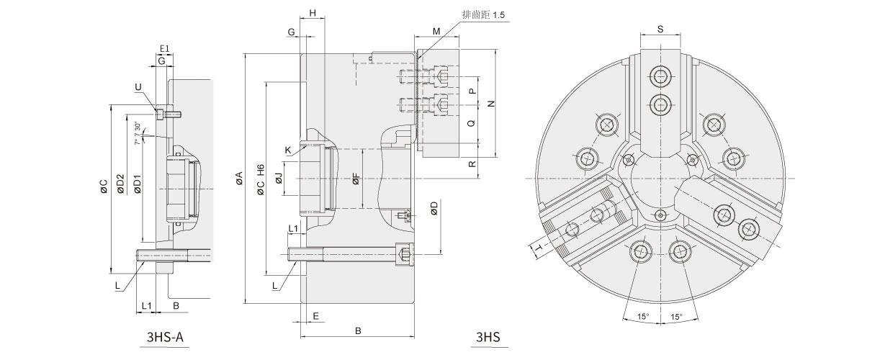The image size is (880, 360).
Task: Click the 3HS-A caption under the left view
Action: (165, 337)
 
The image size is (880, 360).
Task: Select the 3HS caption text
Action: (488, 337)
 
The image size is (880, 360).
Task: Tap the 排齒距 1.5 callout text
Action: (484, 15)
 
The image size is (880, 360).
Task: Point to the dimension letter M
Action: (436, 32)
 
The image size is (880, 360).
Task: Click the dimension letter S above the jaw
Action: (660, 29)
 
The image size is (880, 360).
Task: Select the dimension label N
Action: (491, 104)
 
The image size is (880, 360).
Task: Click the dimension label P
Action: (472, 91)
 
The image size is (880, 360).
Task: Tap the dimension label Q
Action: (472, 123)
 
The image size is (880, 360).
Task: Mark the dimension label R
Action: (472, 163)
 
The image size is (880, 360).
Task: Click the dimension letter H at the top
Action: (313, 13)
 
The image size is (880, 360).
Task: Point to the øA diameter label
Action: (238, 179)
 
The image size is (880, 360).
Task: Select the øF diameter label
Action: (356, 179)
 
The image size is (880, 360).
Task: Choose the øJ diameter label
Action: (279, 179)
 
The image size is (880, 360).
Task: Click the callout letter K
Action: (288, 150)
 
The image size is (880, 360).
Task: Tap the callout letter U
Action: (138, 87)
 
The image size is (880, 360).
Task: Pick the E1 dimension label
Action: (164, 49)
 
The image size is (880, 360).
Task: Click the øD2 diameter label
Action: (120, 184)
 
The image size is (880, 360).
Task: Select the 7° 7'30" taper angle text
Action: (137, 133)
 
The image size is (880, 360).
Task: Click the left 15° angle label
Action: (643, 316)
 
